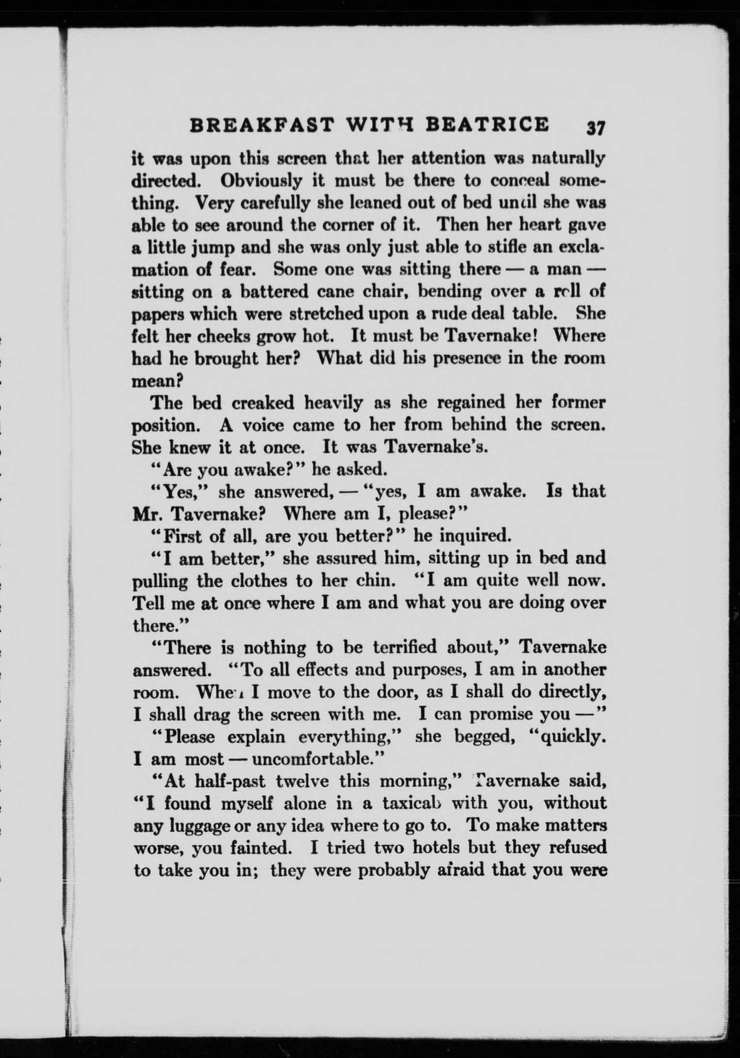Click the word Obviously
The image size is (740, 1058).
pos(261,180)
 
